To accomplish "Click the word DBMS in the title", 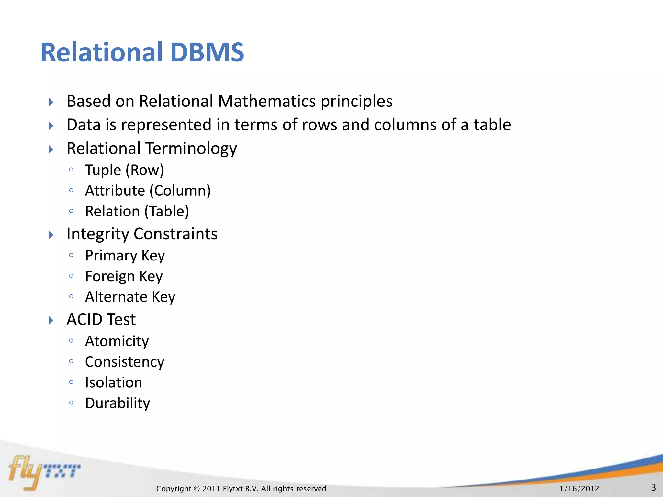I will tap(207, 52).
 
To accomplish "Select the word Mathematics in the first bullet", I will tap(267, 101).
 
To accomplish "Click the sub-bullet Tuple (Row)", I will tap(124, 170).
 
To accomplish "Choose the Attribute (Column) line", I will tap(148, 191).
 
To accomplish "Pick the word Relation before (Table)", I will tap(112, 212).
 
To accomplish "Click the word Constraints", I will tap(175, 234).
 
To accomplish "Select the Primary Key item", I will tap(125, 256).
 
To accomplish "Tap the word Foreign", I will tap(110, 276).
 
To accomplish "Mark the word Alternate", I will tap(116, 297).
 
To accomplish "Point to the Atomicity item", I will tap(117, 341).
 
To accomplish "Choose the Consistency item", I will tap(125, 362).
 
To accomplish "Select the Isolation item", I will tap(114, 383).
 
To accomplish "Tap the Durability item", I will tap(118, 403).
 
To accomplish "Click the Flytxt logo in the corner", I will tap(44, 471).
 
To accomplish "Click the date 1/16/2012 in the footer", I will tap(579, 489).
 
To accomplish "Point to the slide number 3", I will tap(653, 487).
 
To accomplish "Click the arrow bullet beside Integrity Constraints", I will tap(51, 235).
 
